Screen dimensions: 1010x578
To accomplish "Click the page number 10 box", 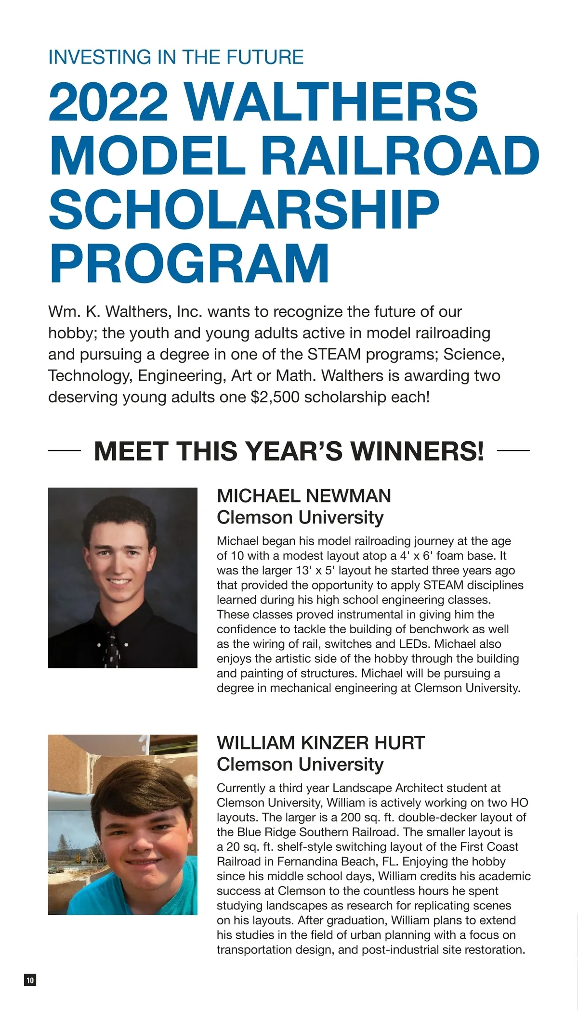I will [x=30, y=980].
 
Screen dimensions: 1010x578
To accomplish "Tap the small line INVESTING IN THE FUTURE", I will [x=176, y=57].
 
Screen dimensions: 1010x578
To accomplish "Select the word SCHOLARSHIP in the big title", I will [x=244, y=210].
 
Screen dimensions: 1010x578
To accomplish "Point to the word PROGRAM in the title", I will [x=189, y=264].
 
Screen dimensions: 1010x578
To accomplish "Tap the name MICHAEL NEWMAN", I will [x=304, y=496].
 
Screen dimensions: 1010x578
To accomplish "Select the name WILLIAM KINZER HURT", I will [x=321, y=742].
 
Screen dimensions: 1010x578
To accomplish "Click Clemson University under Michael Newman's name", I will [x=300, y=518].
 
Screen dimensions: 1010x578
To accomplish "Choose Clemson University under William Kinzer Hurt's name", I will [x=300, y=764].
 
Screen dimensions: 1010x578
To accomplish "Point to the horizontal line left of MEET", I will [x=64, y=451].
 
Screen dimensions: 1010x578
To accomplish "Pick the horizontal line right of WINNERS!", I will [x=513, y=451].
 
